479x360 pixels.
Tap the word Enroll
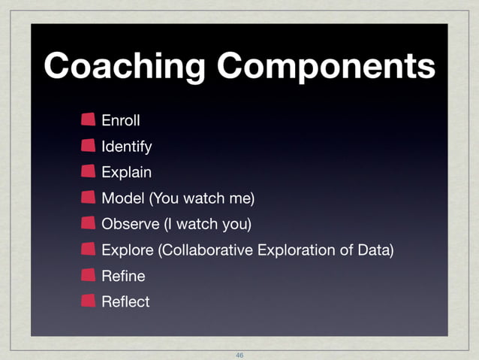pos(121,119)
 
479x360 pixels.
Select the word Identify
pos(127,146)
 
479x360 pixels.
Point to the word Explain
pos(126,172)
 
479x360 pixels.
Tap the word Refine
pos(122,276)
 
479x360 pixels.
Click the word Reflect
pos(125,301)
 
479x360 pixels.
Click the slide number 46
pos(239,354)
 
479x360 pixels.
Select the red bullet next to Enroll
pos(89,119)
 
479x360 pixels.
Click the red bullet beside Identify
pos(89,145)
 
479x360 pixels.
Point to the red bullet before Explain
pos(89,171)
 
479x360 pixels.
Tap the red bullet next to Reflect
pos(89,301)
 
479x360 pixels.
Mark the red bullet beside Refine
pos(89,275)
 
